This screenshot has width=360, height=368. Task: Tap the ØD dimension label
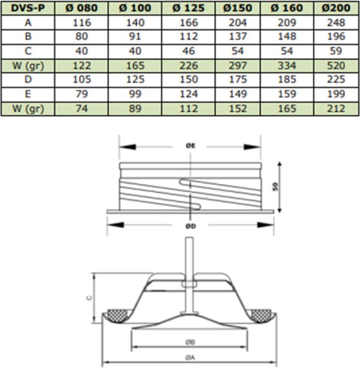pos(190,226)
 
